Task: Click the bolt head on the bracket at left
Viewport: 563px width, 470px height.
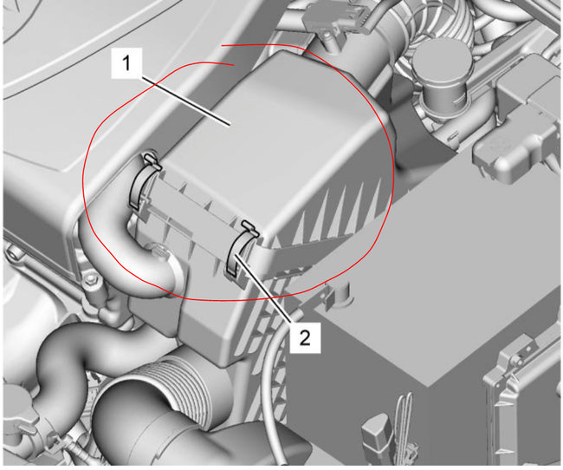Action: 87,278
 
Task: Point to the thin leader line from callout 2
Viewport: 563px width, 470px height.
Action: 273,294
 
